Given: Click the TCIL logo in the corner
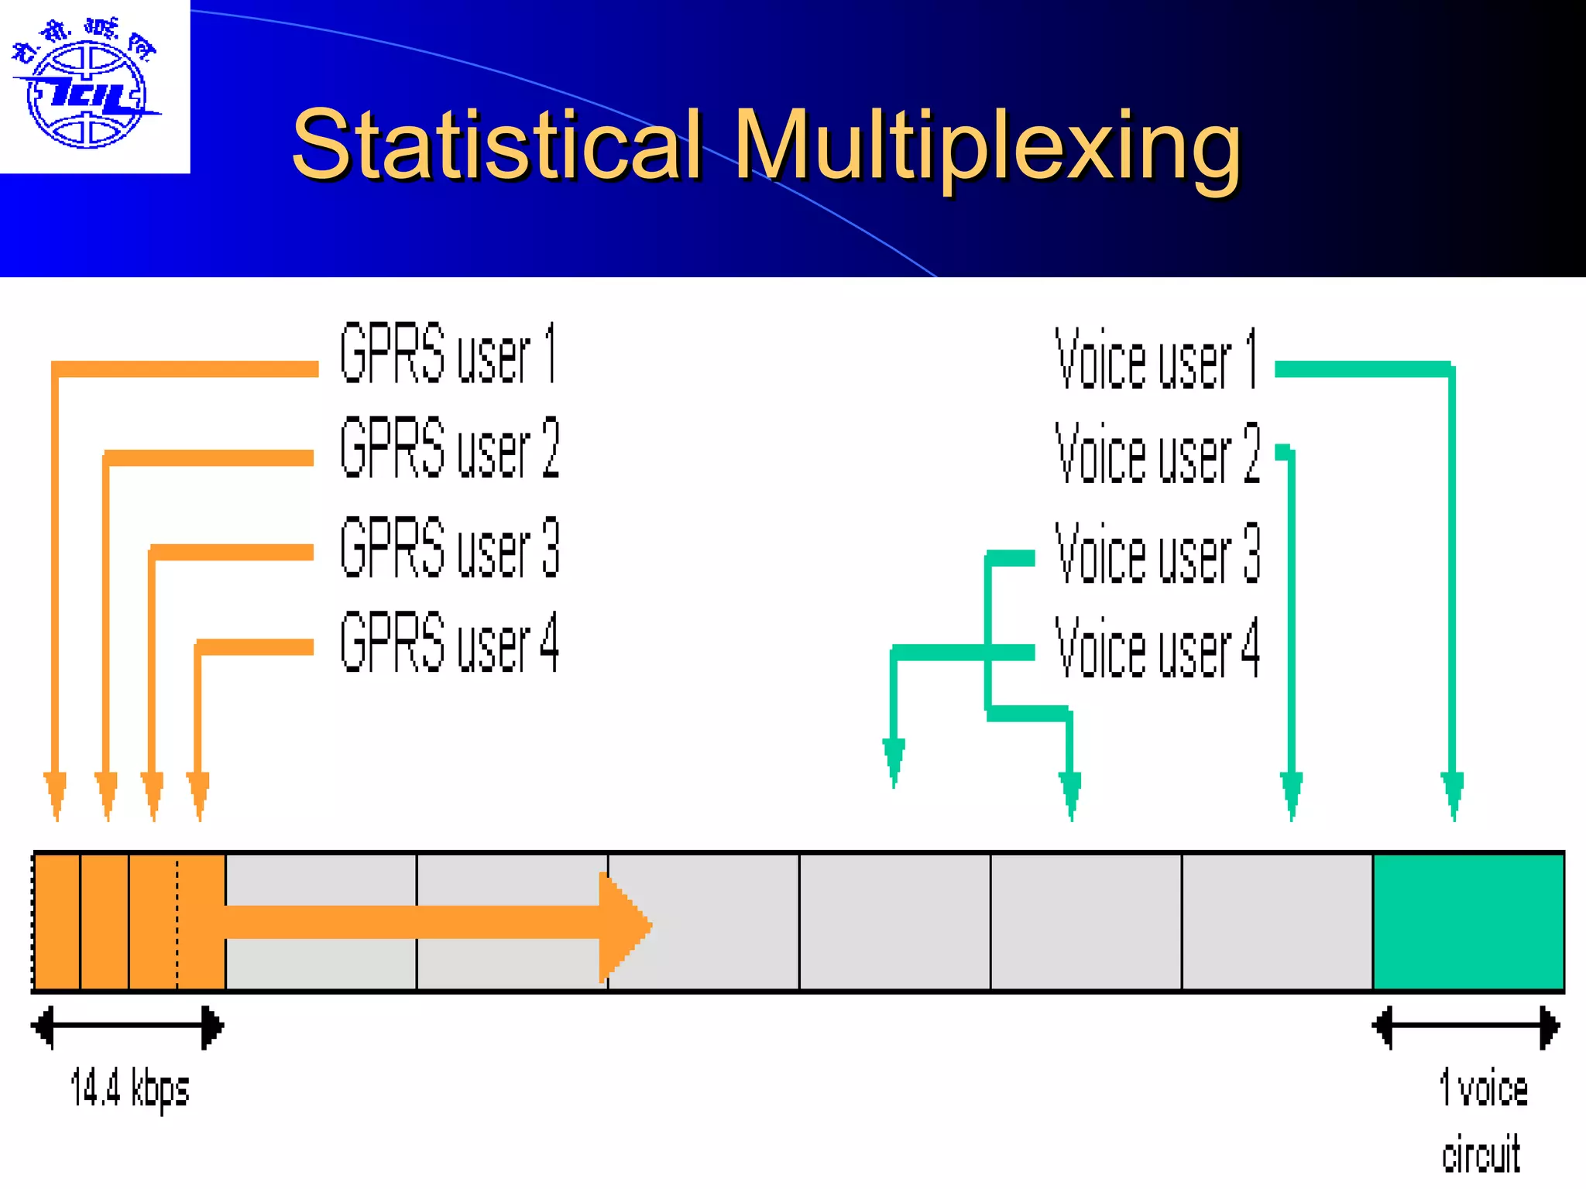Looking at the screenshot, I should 87,87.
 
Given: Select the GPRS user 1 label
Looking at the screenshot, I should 448,353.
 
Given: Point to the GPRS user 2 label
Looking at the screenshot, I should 449,447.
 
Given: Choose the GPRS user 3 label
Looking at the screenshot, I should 449,548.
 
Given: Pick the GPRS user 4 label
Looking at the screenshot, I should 449,642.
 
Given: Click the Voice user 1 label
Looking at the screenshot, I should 1156,359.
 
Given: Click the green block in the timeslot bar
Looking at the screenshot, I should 1468,922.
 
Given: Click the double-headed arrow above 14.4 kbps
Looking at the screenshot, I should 128,1027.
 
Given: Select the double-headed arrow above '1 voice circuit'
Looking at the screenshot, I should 1466,1027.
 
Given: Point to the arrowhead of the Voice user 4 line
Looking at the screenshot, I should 894,762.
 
